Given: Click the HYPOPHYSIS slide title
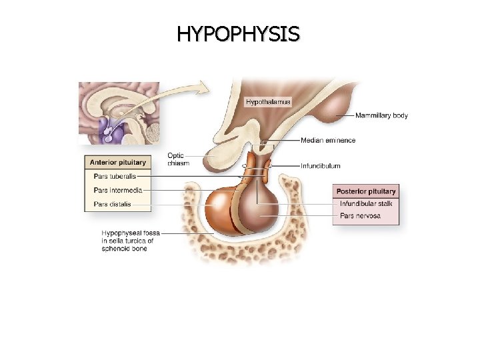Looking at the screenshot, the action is pos(239,33).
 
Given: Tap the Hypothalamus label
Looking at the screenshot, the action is pos(268,102).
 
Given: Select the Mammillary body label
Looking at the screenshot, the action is pos(381,115).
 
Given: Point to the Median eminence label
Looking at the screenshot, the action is pos(328,141).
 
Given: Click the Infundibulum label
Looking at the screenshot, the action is pos(321,165).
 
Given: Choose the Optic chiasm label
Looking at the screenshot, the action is pos(176,159).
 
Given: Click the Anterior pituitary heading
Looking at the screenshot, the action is pos(118,162).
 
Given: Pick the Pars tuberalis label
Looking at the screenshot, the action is pos(113,177).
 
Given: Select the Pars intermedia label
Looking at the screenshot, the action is pos(115,191).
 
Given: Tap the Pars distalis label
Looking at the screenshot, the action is pos(111,204).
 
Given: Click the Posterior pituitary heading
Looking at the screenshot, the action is pos(366,191).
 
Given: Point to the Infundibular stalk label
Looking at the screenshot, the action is pos(365,203).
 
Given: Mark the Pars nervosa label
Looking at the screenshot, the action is pos(360,216).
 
